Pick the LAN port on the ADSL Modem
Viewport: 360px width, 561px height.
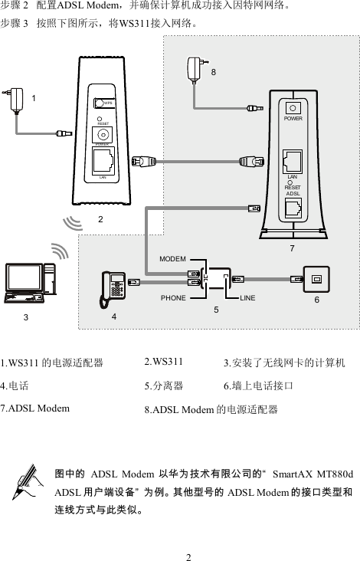click(x=293, y=160)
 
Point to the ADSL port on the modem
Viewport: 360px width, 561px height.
click(x=293, y=207)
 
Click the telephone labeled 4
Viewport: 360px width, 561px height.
click(x=115, y=285)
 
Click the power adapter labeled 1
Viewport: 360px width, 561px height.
click(x=18, y=100)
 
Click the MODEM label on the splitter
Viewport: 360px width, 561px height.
click(x=173, y=259)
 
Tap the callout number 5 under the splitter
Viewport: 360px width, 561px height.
click(x=216, y=310)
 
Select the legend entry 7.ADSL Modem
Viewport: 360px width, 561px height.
click(x=34, y=408)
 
